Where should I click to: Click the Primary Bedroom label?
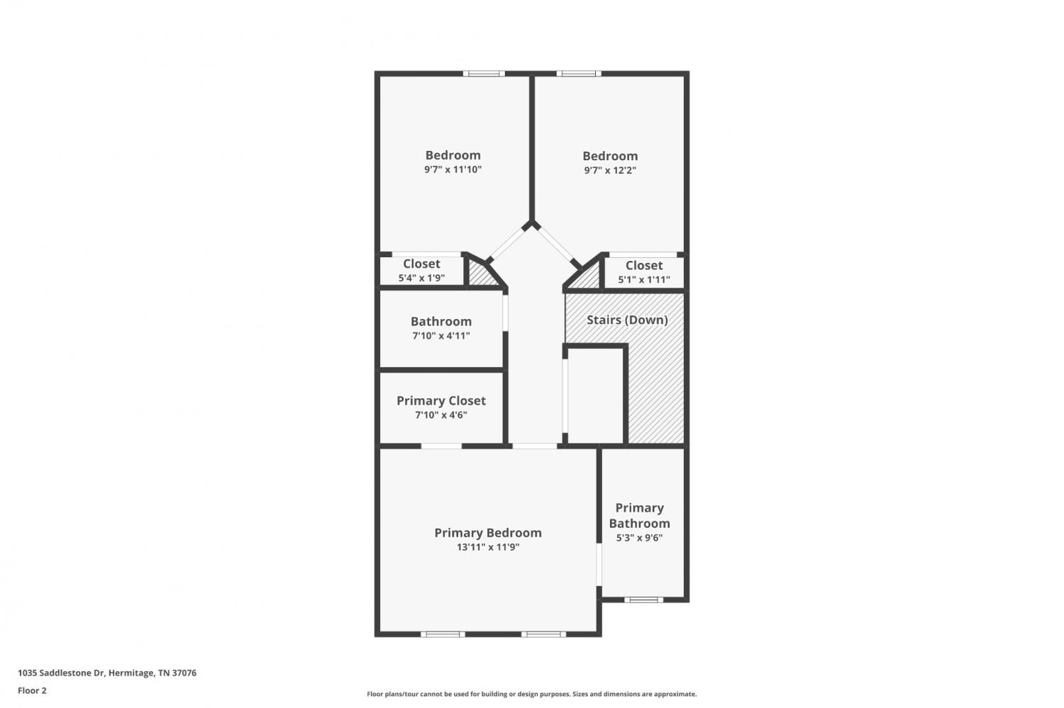pyautogui.click(x=488, y=533)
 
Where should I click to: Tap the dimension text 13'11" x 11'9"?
pyautogui.click(x=488, y=546)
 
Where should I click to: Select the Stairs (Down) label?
pyautogui.click(x=627, y=320)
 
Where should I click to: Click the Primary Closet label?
pyautogui.click(x=440, y=401)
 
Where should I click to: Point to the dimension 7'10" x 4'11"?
pyautogui.click(x=440, y=335)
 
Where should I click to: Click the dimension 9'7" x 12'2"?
pyautogui.click(x=610, y=170)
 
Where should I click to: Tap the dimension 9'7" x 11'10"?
pyautogui.click(x=453, y=169)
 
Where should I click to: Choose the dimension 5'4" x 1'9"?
pyautogui.click(x=421, y=278)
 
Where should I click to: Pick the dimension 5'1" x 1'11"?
pyautogui.click(x=643, y=279)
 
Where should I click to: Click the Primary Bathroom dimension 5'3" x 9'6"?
pyautogui.click(x=639, y=538)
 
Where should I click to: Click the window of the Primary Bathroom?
pyautogui.click(x=643, y=600)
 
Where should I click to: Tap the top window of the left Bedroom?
pyautogui.click(x=484, y=74)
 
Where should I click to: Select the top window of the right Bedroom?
pyautogui.click(x=579, y=74)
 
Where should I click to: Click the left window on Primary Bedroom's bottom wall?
pyautogui.click(x=443, y=634)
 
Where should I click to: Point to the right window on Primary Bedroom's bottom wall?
pyautogui.click(x=543, y=634)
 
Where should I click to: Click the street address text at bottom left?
pyautogui.click(x=107, y=673)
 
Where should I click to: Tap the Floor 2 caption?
pyautogui.click(x=33, y=690)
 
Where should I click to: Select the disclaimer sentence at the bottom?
pyautogui.click(x=531, y=694)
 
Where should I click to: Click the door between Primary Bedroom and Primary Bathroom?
pyautogui.click(x=599, y=564)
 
